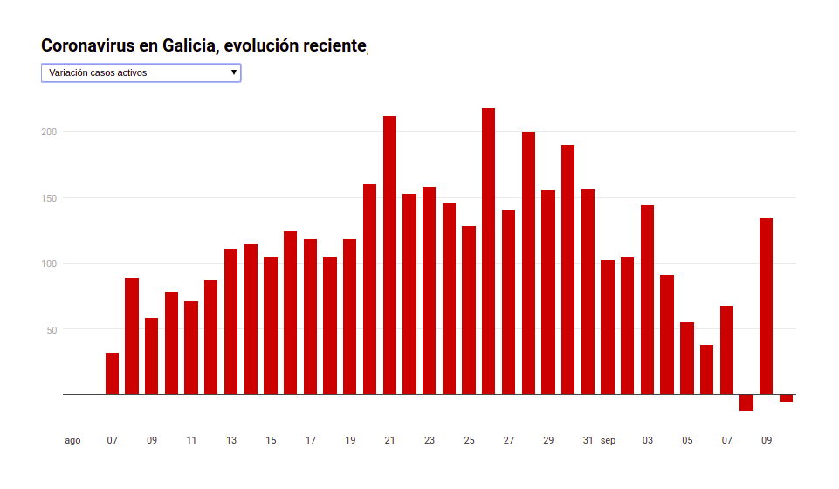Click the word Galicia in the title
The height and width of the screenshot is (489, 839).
pyautogui.click(x=189, y=45)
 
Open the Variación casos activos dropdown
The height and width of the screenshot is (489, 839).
pyautogui.click(x=141, y=73)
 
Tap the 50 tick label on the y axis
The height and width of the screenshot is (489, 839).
pyautogui.click(x=51, y=330)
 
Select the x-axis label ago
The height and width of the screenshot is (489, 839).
pyautogui.click(x=72, y=440)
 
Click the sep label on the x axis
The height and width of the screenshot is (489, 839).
pyautogui.click(x=608, y=440)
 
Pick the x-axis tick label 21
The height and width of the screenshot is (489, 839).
pyautogui.click(x=389, y=440)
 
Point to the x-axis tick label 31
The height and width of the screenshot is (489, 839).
pyautogui.click(x=588, y=440)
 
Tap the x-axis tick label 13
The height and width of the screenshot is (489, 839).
pyautogui.click(x=231, y=440)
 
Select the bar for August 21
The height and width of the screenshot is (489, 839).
pyautogui.click(x=389, y=255)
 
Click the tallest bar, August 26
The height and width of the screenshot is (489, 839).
pyautogui.click(x=489, y=251)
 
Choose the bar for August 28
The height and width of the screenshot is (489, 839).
pyautogui.click(x=528, y=263)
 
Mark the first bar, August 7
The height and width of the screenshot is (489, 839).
pyautogui.click(x=112, y=374)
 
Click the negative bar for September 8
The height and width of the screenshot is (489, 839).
pyautogui.click(x=746, y=403)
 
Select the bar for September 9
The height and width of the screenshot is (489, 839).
pyautogui.click(x=766, y=306)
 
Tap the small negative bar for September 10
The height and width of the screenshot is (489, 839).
pyautogui.click(x=786, y=398)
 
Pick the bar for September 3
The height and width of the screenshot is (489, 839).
pyautogui.click(x=647, y=300)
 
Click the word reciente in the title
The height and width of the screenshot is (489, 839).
pyautogui.click(x=333, y=45)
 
